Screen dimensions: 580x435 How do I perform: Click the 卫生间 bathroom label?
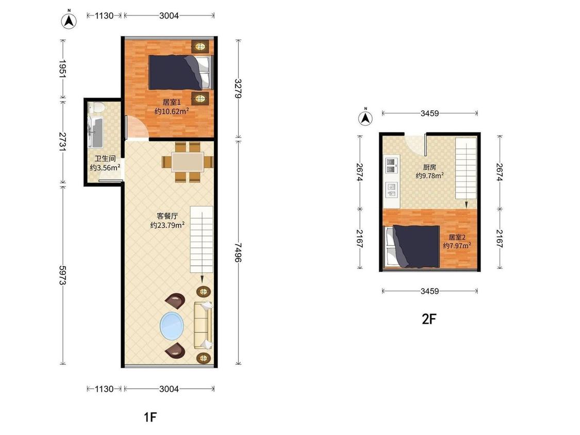105,159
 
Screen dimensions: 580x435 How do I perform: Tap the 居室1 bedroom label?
172,102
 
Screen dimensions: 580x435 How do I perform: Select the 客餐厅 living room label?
167,216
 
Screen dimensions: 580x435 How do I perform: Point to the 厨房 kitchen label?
429,167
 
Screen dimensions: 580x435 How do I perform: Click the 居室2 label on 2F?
457,237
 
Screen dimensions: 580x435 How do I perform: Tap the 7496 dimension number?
238,253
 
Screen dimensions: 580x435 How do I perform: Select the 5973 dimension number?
62,276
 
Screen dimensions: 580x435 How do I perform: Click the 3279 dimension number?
238,89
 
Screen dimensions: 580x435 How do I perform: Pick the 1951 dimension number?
62,69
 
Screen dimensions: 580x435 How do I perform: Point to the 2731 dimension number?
62,142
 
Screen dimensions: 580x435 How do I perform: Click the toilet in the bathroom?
97,108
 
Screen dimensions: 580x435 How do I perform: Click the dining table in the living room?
188,162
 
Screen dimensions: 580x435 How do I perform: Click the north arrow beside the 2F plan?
366,118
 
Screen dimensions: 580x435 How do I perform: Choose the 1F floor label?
150,417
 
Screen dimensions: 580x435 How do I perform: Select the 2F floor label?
429,319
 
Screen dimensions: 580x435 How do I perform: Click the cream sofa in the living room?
203,326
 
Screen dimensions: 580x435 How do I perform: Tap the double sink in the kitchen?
391,165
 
